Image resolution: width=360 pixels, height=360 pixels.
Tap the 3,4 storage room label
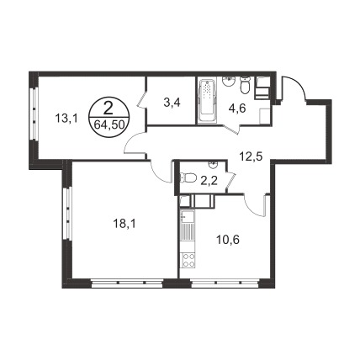[172, 103]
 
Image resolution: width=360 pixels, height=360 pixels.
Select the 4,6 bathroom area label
[237, 108]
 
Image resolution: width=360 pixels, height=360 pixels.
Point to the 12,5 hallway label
[251, 156]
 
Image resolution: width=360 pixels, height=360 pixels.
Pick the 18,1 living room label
[124, 224]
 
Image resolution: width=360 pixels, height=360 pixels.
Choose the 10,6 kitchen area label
[228, 240]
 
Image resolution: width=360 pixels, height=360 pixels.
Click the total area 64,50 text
[109, 124]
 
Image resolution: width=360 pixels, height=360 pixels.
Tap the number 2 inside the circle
[109, 109]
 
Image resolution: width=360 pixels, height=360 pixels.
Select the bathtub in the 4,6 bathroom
[207, 102]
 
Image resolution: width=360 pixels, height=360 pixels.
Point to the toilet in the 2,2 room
[188, 177]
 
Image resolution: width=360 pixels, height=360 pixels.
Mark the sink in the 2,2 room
[214, 164]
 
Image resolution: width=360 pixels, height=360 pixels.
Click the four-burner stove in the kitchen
[188, 260]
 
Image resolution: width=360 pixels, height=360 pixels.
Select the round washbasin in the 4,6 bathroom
[229, 82]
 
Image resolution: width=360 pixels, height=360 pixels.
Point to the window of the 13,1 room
[34, 114]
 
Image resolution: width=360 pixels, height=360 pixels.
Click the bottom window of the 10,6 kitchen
[225, 283]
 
